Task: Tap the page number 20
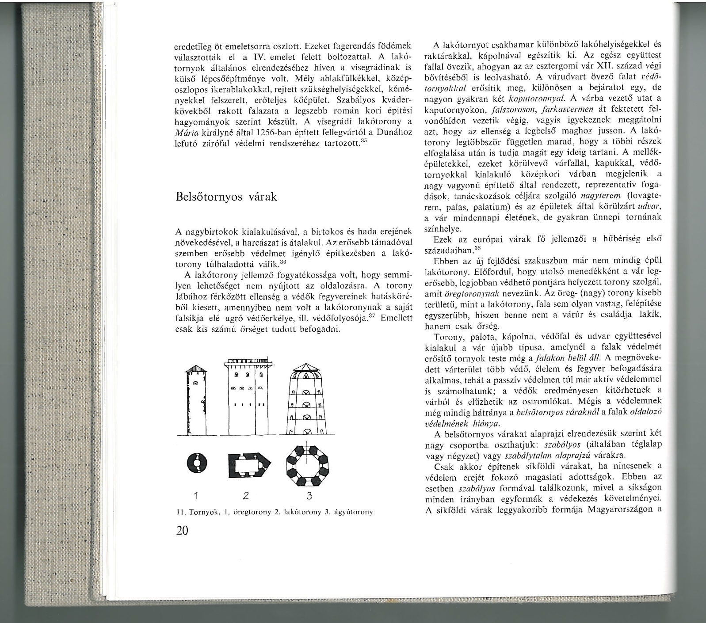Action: pos(182,531)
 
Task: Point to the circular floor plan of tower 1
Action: pos(195,463)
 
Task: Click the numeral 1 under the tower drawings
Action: pos(195,494)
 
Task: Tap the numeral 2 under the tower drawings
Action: pos(246,494)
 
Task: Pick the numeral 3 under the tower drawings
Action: pos(309,494)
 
